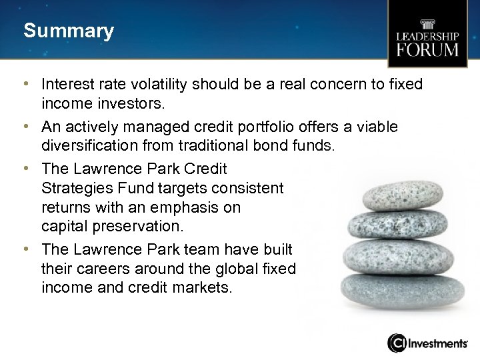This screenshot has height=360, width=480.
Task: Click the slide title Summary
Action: tap(69, 31)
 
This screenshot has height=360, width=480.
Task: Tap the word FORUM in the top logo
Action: tap(427, 50)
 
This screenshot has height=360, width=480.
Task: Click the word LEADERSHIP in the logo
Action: tap(427, 36)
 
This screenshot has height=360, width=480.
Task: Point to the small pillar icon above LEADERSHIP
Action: tap(427, 24)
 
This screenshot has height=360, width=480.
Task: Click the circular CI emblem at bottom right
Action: tap(397, 343)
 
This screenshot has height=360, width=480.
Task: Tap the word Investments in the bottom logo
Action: tap(437, 343)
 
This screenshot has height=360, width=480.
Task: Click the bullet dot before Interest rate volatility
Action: tap(25, 85)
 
